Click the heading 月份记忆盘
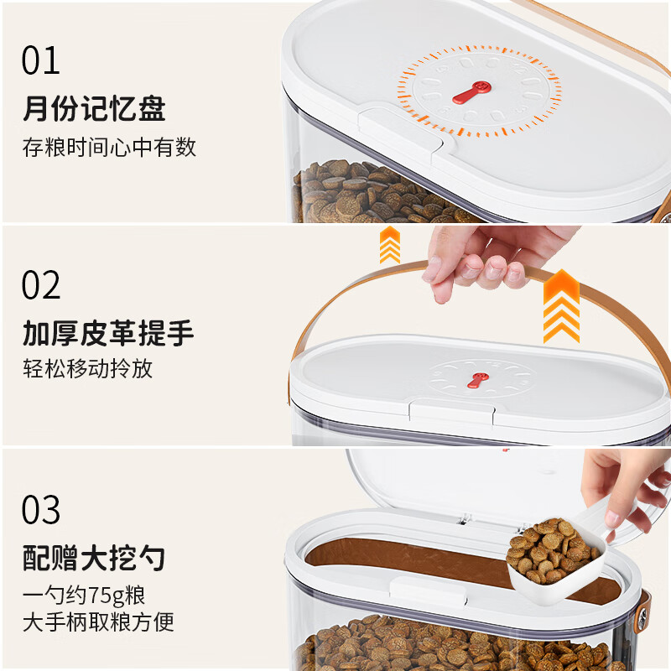[93, 109]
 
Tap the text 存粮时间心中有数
[109, 148]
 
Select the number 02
[41, 285]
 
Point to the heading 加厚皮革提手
[107, 333]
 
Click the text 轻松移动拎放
[87, 369]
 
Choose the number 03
[41, 509]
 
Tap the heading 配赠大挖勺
[93, 558]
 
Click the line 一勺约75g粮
[84, 596]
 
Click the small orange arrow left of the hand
[390, 244]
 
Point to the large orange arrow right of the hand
[561, 306]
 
